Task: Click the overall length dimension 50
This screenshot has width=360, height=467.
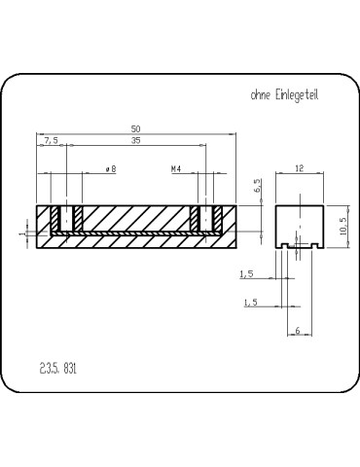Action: pyautogui.click(x=135, y=126)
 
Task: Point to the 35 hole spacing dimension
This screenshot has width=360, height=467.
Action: pyautogui.click(x=135, y=141)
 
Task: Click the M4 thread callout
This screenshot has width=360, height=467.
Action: pyautogui.click(x=177, y=169)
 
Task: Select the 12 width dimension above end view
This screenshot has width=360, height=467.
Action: pyautogui.click(x=299, y=168)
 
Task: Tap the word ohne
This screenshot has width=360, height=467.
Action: pyautogui.click(x=261, y=95)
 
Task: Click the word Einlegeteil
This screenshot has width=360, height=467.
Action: pyautogui.click(x=296, y=95)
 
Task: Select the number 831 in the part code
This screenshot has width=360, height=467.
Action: pyautogui.click(x=69, y=370)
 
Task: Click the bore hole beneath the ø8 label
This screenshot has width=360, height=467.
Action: pyautogui.click(x=66, y=219)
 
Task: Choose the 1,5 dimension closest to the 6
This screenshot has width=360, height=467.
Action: pyautogui.click(x=250, y=304)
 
